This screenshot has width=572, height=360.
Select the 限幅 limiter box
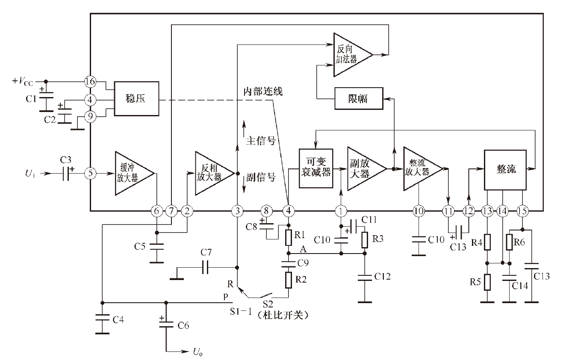tap(358, 99)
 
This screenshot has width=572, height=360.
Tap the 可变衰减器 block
tap(315, 169)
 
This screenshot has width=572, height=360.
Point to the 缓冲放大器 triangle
tap(132, 173)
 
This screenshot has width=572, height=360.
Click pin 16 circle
tap(90, 81)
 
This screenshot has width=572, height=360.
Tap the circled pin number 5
tap(90, 174)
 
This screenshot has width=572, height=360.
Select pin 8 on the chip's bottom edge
tap(266, 211)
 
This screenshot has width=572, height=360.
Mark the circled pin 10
tap(419, 211)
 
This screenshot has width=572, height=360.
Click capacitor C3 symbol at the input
tap(65, 174)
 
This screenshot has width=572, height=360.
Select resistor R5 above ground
tap(487, 283)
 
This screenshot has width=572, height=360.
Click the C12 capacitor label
tap(382, 276)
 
